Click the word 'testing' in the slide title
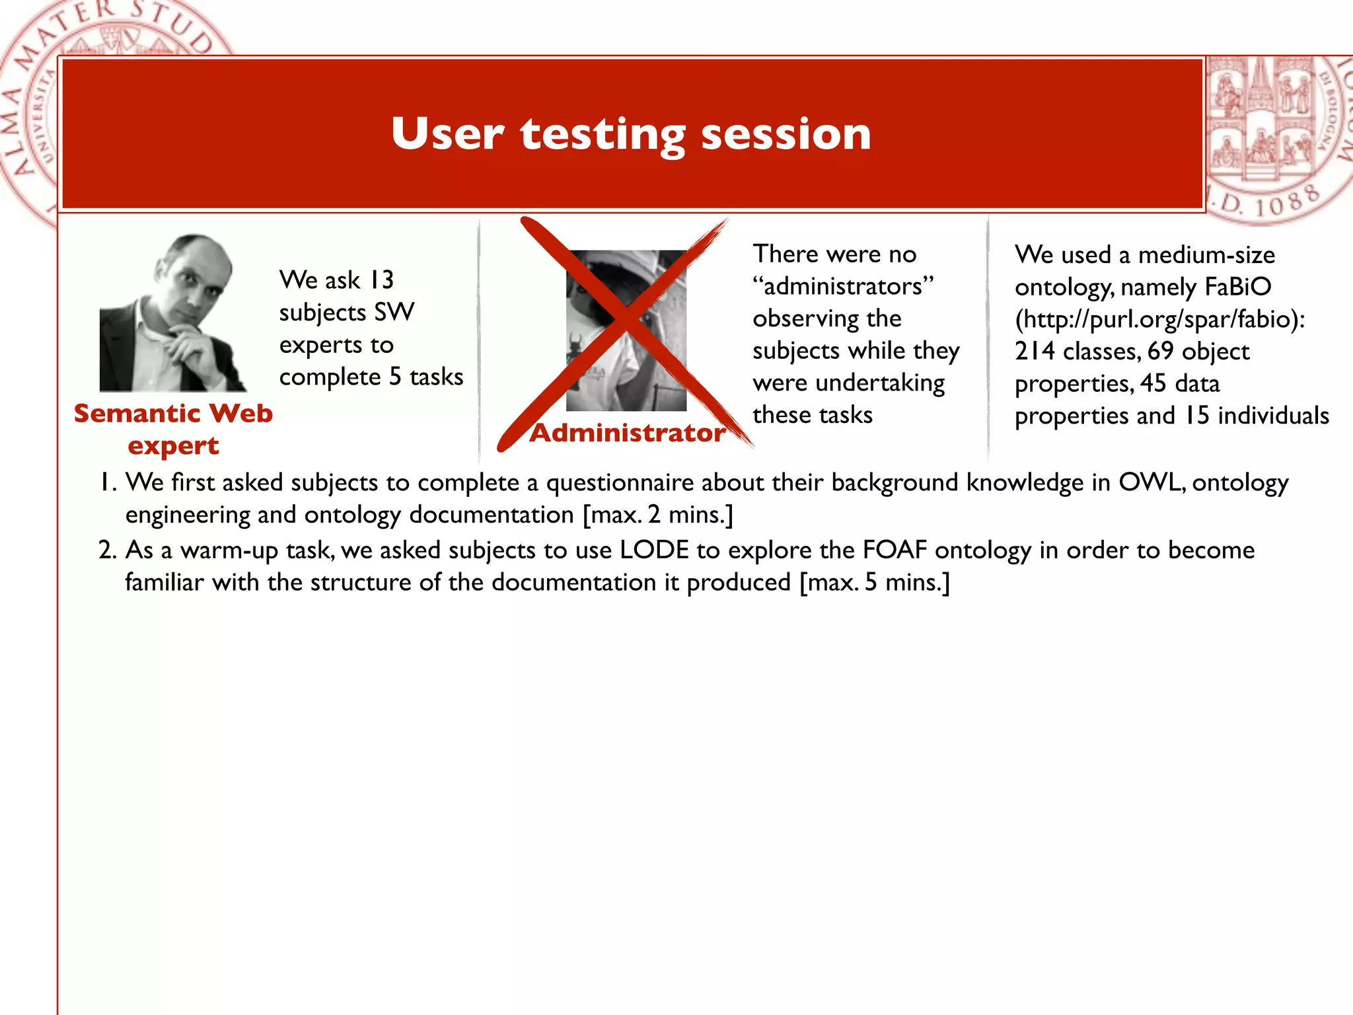(x=603, y=134)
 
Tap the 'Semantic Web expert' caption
(x=173, y=429)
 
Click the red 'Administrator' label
(x=628, y=433)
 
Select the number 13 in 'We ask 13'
(x=381, y=280)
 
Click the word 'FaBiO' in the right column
(x=1237, y=287)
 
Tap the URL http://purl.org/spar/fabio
(x=1159, y=319)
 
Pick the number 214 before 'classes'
(x=1035, y=352)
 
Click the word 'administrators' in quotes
(x=843, y=287)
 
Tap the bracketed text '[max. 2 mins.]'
(x=658, y=515)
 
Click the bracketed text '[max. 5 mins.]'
(x=874, y=582)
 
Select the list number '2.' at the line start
(x=108, y=550)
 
